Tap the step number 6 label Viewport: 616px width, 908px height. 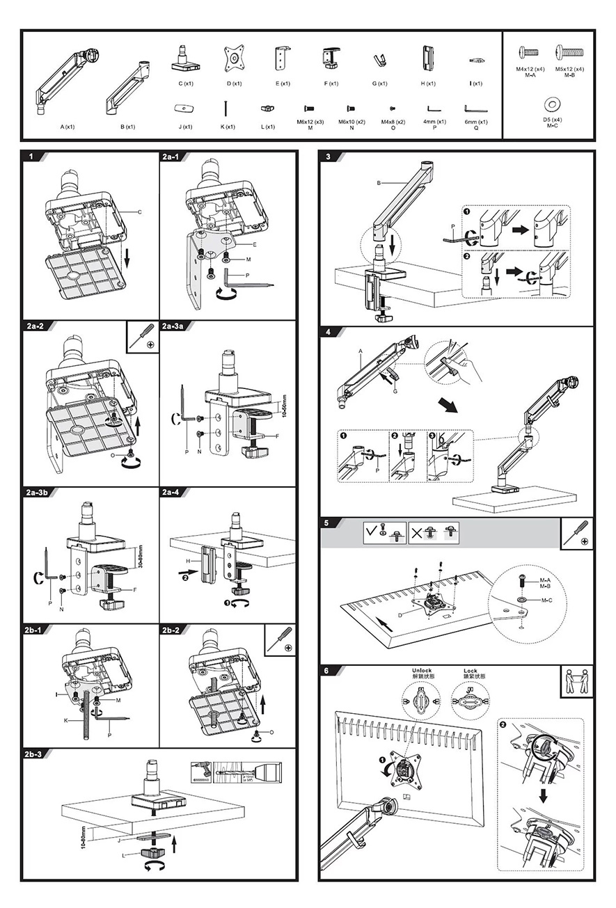point(328,670)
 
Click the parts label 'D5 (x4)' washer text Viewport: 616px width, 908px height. point(552,120)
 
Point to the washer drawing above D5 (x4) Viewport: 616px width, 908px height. point(553,104)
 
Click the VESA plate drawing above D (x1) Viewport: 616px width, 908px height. point(234,58)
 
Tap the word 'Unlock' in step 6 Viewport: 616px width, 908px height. point(422,671)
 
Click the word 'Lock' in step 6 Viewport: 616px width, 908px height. point(470,671)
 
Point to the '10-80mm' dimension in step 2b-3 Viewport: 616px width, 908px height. point(82,837)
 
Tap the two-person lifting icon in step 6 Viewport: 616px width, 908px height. point(577,680)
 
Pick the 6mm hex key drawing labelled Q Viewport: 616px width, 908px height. point(476,109)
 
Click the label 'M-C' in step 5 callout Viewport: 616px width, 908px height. point(548,599)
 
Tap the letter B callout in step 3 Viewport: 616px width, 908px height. point(379,183)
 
